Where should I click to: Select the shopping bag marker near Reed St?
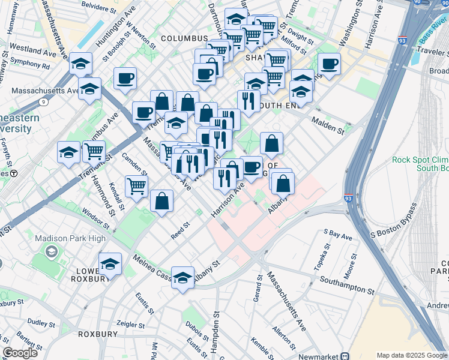(162, 202)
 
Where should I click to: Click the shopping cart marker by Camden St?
(137, 187)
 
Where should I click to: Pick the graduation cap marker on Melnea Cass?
(182, 278)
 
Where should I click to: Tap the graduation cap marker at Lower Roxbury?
(110, 264)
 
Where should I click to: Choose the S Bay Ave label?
(337, 234)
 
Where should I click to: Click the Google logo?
(20, 353)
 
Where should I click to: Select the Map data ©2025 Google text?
(412, 355)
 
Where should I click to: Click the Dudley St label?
(41, 322)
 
